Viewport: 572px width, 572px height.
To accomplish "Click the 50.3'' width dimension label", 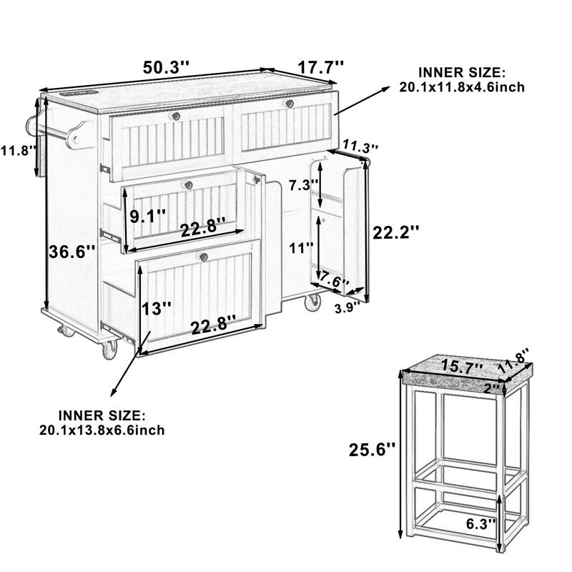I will [x=167, y=68].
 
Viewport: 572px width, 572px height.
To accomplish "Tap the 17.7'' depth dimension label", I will [x=321, y=67].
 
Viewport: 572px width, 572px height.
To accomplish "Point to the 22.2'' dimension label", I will [x=395, y=232].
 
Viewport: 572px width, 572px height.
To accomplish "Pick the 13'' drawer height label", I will [x=157, y=309].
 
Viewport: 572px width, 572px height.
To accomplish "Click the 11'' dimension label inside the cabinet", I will [x=300, y=248].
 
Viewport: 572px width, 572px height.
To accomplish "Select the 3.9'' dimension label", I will [x=348, y=309].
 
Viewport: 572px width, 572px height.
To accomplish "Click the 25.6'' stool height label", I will [x=371, y=450].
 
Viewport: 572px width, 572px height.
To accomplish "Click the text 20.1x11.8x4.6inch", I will [x=463, y=87].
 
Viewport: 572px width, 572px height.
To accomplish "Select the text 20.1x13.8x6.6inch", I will [x=102, y=429].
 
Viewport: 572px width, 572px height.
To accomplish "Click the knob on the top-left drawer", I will [x=174, y=115].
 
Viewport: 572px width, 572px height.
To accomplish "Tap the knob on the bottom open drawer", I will [x=204, y=258].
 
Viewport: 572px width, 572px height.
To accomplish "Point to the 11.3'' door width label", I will [x=360, y=147].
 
